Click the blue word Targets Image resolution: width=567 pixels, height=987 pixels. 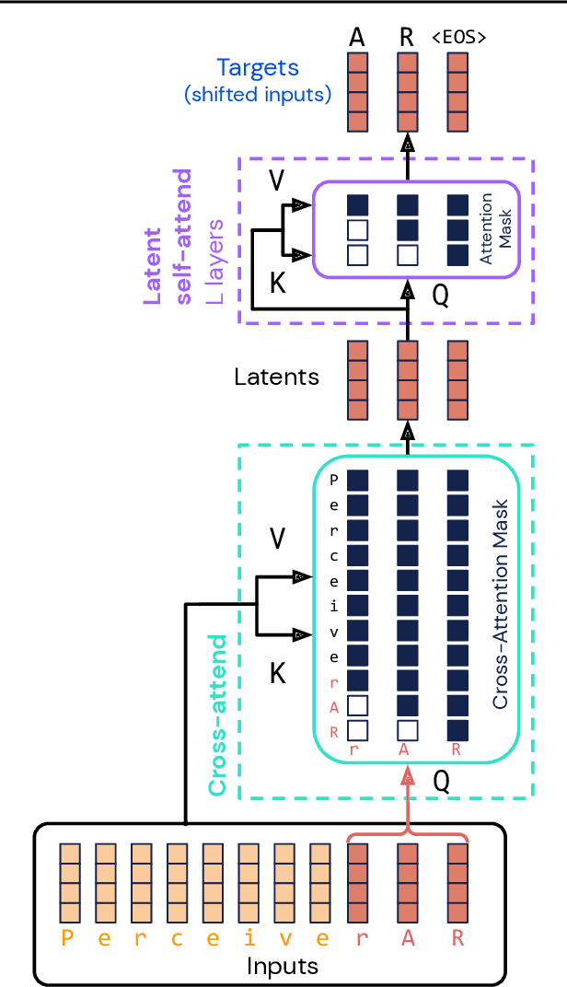[x=258, y=68]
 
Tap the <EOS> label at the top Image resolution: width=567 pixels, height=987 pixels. [x=458, y=38]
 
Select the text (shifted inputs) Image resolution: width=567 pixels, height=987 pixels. [x=257, y=94]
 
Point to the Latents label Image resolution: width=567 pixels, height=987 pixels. [x=276, y=377]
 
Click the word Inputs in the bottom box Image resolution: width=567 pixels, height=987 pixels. [x=282, y=966]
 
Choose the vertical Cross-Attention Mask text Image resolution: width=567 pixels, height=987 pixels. [x=501, y=604]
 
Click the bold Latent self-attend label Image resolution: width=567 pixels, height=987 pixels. [x=168, y=238]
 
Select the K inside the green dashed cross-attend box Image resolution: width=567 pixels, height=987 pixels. [x=277, y=674]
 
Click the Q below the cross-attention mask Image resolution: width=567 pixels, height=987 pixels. [x=441, y=781]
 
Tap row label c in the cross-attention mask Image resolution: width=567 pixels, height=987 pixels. [x=334, y=555]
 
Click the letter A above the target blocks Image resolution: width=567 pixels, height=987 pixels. [x=357, y=38]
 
